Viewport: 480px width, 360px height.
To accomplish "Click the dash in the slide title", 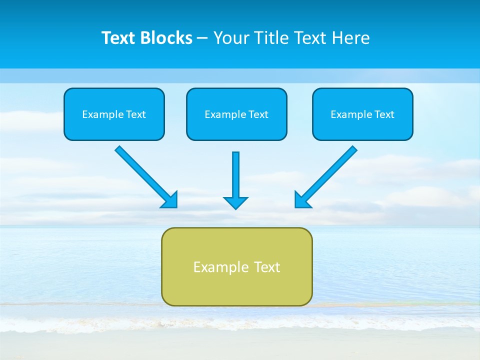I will point(202,38).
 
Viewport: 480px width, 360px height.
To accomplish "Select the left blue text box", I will point(114,114).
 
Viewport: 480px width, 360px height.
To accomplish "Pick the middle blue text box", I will point(236,114).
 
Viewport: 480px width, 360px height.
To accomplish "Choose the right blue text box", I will point(362,114).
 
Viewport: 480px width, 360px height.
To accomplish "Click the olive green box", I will point(236,266).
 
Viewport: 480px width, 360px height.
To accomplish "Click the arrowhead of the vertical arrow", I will point(235,202).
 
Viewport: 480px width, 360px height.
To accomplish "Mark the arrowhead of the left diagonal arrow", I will point(170,200).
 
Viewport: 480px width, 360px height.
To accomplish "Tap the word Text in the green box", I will point(267,267).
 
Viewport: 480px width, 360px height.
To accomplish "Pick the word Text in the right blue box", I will point(384,114).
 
